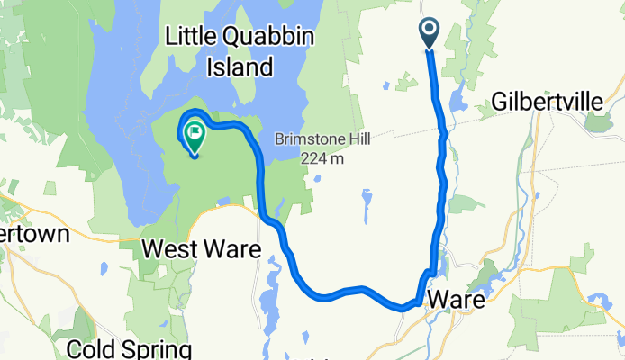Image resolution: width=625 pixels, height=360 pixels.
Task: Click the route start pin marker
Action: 428,33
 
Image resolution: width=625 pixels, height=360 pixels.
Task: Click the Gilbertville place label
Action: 548,103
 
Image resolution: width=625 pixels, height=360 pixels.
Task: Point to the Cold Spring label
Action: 134,348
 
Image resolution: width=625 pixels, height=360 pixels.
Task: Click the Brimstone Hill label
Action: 323,140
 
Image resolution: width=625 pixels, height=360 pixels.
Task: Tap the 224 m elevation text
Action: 324,159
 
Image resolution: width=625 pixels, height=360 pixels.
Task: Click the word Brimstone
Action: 310,140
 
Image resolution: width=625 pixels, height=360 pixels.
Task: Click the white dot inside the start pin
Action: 428,30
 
